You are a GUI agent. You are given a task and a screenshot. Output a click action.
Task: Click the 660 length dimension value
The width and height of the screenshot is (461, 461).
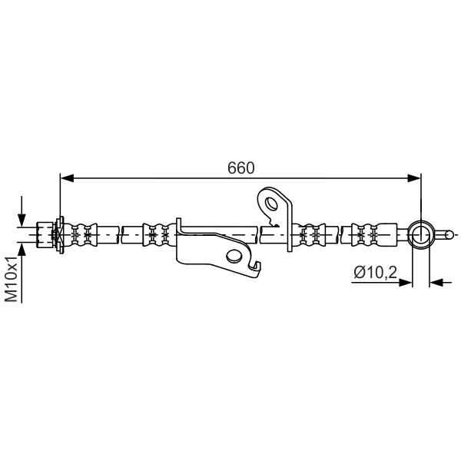(240, 167)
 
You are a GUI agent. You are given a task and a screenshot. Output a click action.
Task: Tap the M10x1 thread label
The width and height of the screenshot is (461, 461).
(12, 279)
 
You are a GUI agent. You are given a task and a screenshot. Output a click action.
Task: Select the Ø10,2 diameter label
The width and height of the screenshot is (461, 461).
(376, 273)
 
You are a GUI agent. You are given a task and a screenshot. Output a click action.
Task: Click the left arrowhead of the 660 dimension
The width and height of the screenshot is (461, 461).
(67, 178)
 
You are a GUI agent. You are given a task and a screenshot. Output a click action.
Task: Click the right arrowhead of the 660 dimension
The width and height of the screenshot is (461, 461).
(414, 178)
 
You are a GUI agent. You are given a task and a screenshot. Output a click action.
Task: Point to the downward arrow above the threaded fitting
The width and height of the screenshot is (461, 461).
(22, 211)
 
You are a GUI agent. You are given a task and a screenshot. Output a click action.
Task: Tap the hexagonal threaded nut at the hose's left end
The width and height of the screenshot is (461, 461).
(45, 234)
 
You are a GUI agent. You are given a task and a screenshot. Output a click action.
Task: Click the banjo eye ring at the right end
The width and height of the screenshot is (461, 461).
(421, 235)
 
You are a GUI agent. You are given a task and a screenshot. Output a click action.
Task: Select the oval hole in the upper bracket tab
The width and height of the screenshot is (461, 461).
(271, 204)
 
